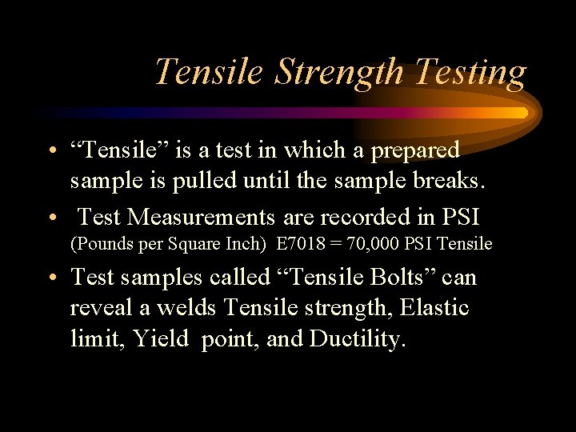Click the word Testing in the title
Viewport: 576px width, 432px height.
pos(470,72)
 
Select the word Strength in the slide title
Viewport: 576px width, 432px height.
pos(341,72)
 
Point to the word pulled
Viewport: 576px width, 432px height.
pos(204,181)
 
